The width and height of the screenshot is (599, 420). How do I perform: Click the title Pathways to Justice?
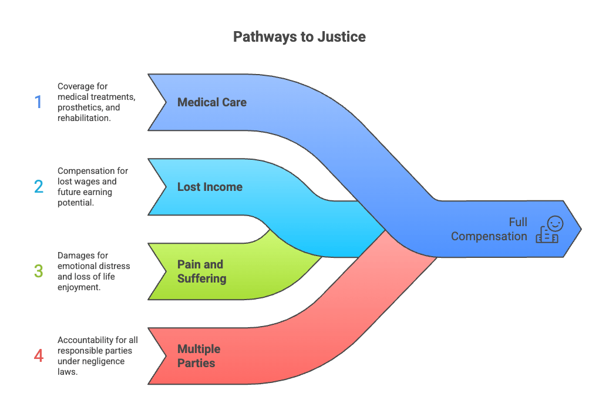(299, 36)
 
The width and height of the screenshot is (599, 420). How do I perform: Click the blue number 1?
(38, 102)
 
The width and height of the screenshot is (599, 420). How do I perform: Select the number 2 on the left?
(38, 187)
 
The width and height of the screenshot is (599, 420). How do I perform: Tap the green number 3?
(38, 271)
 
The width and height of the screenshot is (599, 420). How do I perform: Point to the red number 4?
(38, 356)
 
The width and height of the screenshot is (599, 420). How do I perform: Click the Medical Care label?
(212, 102)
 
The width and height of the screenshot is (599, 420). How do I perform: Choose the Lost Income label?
(210, 187)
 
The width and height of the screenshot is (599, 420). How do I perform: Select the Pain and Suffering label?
(201, 271)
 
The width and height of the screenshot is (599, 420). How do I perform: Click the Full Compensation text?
(489, 229)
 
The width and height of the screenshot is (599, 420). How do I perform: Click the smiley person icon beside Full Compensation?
(549, 229)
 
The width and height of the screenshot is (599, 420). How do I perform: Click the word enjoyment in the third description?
(79, 287)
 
